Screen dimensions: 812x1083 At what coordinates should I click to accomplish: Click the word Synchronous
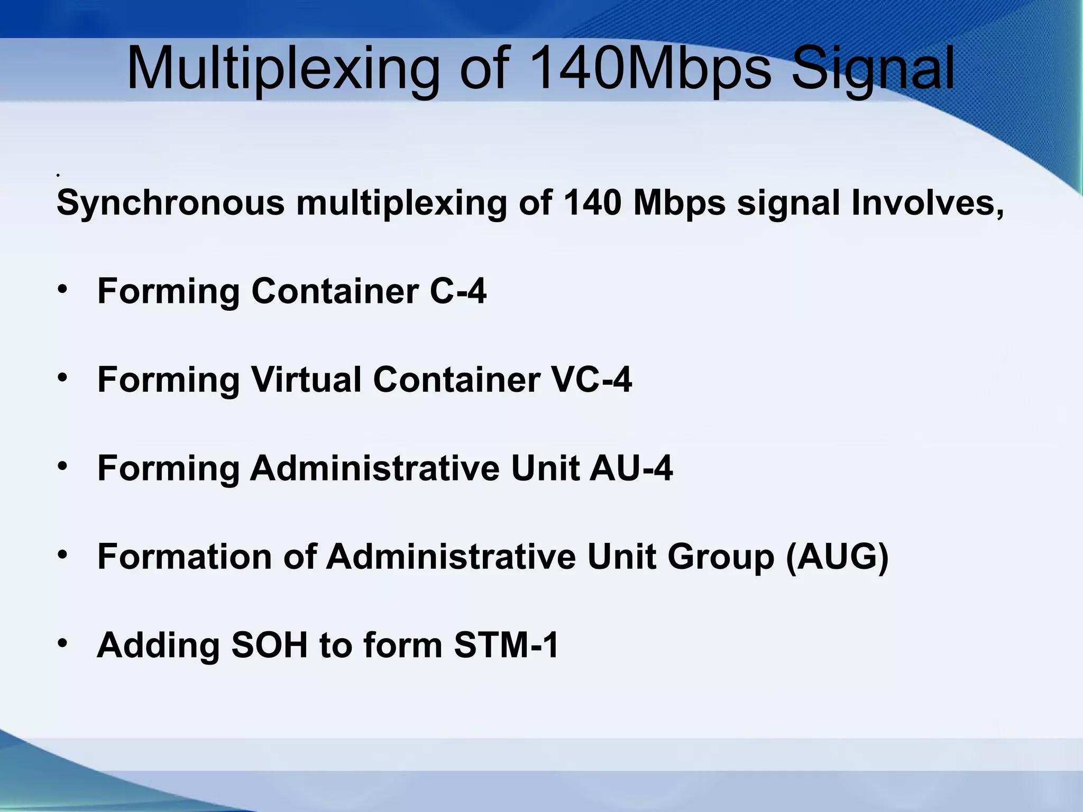pos(170,203)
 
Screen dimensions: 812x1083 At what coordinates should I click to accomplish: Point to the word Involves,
pos(928,203)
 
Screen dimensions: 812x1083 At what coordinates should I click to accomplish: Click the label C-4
pos(458,291)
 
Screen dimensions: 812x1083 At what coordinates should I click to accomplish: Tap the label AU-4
pos(631,468)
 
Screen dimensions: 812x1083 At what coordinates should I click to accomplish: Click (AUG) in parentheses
pos(837,557)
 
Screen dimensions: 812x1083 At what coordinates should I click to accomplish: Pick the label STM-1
pos(506,645)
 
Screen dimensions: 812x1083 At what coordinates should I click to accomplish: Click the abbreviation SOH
pos(270,645)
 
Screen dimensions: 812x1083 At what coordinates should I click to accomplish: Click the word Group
pos(721,557)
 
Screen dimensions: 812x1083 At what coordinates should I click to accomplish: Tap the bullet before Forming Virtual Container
pos(63,378)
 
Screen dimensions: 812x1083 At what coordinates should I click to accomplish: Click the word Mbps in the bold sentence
pos(679,203)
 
